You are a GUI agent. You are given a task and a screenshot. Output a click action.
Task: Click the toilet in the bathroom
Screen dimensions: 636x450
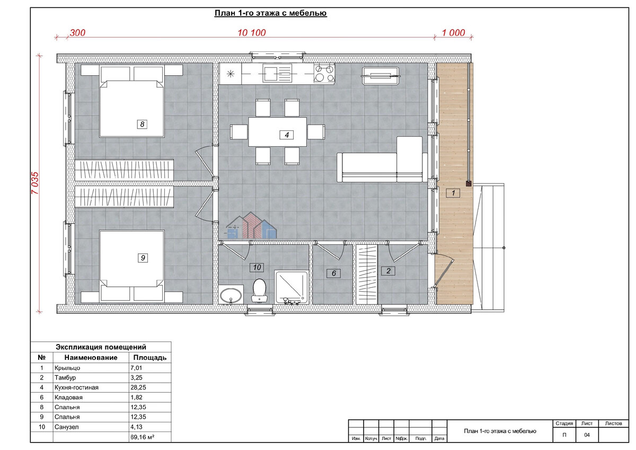point(259,290)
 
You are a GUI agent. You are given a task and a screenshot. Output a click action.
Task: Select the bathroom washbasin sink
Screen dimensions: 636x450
point(231,295)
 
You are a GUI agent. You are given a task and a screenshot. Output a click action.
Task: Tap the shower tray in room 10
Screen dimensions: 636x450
point(291,287)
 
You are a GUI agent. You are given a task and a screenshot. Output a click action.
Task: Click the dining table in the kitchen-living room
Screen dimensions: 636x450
point(277,132)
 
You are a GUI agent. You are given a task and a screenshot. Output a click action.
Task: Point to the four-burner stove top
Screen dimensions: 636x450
point(324,73)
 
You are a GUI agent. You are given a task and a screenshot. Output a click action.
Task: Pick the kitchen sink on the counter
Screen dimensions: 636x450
point(277,73)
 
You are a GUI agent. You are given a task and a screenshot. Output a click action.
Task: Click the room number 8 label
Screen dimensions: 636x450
point(142,124)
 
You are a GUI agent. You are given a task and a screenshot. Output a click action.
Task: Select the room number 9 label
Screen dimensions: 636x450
point(143,258)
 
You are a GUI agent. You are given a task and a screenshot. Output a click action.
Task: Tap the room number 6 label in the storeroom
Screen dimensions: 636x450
point(334,273)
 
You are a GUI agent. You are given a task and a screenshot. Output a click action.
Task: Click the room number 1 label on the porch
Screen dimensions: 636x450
point(453,193)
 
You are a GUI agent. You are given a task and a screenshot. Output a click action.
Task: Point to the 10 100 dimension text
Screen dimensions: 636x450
point(252,33)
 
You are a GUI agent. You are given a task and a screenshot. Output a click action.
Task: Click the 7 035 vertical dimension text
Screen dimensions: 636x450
point(34,183)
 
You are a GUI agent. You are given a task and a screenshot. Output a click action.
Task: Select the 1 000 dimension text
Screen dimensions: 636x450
point(454,33)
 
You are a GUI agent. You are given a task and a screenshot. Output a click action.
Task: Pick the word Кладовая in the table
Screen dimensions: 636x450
point(68,398)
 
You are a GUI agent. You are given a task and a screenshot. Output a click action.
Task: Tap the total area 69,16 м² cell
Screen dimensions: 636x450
point(142,437)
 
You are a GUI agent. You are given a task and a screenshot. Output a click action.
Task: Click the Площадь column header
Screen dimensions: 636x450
point(150,357)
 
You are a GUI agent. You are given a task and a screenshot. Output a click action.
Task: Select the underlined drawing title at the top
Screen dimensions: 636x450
point(271,13)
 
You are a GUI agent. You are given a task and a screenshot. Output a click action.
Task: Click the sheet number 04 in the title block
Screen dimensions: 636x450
point(587,435)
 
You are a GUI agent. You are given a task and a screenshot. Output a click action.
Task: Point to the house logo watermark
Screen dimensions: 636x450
point(252,225)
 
